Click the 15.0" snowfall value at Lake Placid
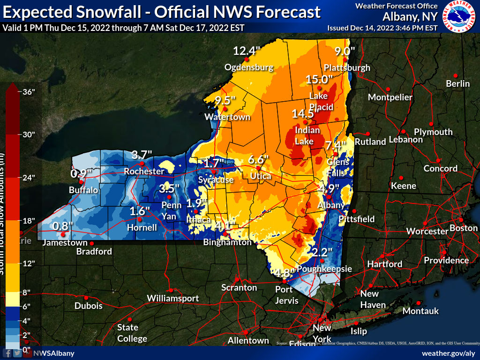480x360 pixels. click(x=319, y=79)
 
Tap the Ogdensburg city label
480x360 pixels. click(x=248, y=67)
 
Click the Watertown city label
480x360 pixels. click(x=227, y=117)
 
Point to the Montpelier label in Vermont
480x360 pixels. click(x=390, y=97)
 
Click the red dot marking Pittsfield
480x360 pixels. click(x=354, y=211)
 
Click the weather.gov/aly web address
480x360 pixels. click(x=449, y=353)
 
